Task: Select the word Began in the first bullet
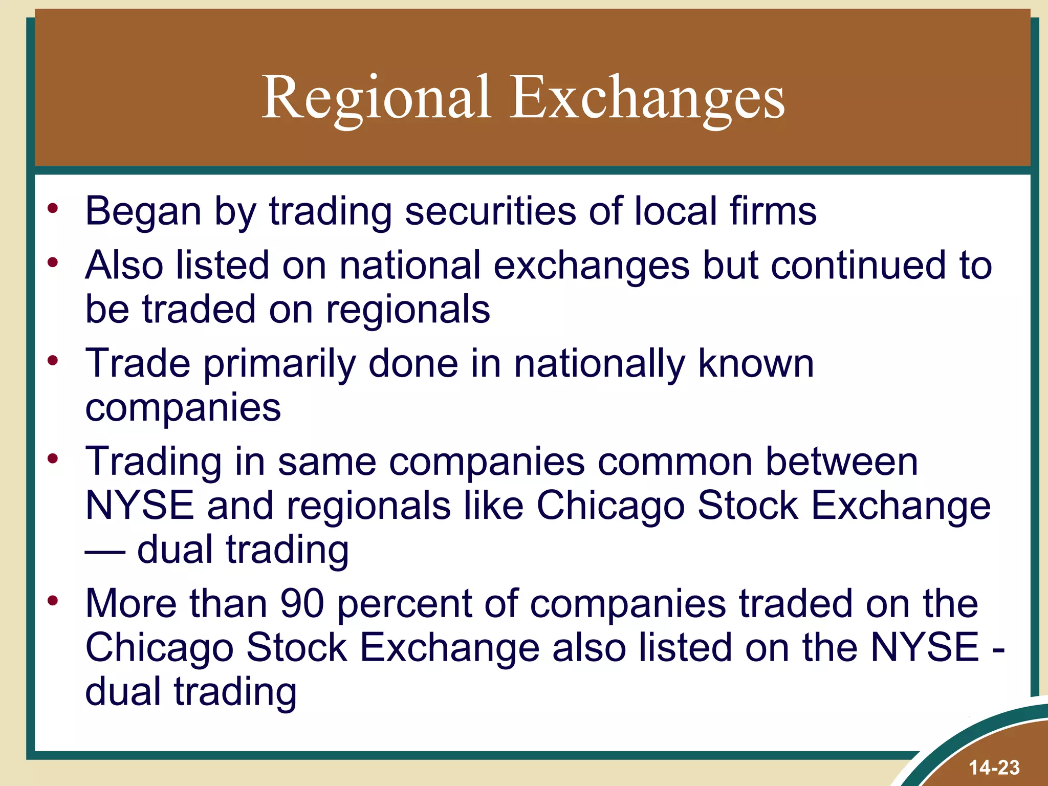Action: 143,211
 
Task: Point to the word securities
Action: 490,211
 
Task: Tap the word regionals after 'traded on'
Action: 408,309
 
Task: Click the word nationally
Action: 599,363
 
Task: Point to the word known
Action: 756,363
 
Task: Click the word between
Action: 841,462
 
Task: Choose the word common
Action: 675,462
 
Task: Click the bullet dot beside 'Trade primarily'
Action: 53,361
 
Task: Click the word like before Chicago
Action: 493,506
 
